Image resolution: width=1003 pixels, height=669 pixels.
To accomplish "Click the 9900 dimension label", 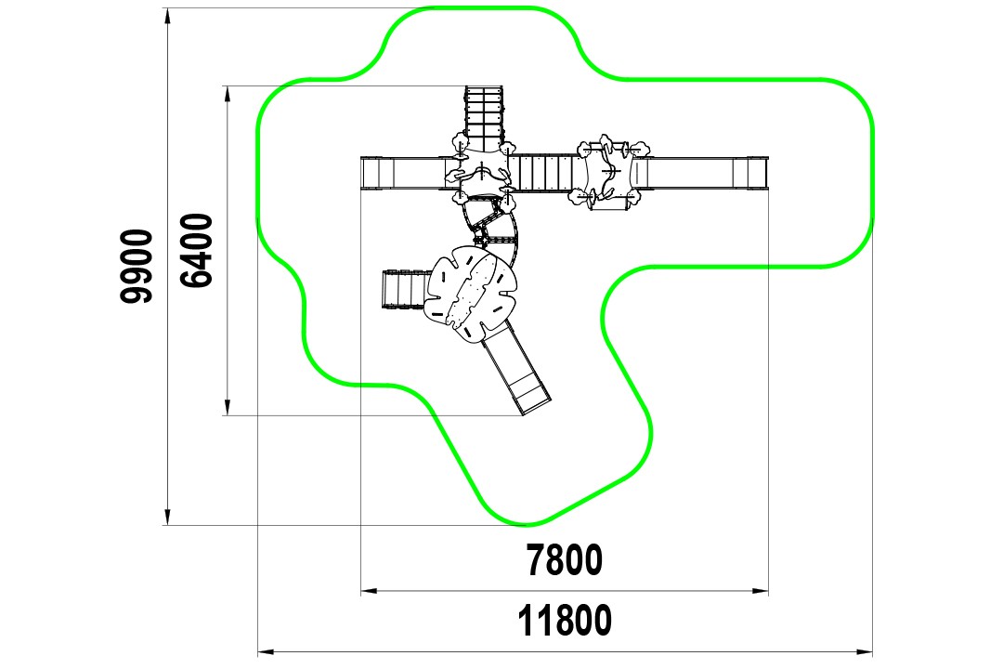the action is click(x=137, y=266).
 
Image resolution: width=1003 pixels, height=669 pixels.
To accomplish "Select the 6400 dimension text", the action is click(x=196, y=250).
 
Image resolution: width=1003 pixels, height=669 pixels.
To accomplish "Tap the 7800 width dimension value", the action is click(x=565, y=560).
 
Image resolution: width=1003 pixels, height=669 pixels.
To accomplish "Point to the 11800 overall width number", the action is click(x=565, y=621).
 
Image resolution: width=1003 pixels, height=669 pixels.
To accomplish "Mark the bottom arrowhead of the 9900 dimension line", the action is click(x=167, y=518).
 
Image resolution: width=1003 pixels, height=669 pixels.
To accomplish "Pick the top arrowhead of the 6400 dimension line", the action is click(x=228, y=94).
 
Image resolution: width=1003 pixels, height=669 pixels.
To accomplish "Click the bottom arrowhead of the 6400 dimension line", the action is click(x=228, y=408).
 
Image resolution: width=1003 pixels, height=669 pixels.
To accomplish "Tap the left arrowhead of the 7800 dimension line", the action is click(x=369, y=591).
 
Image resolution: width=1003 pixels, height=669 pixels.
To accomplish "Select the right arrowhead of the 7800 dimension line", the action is click(x=761, y=591).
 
